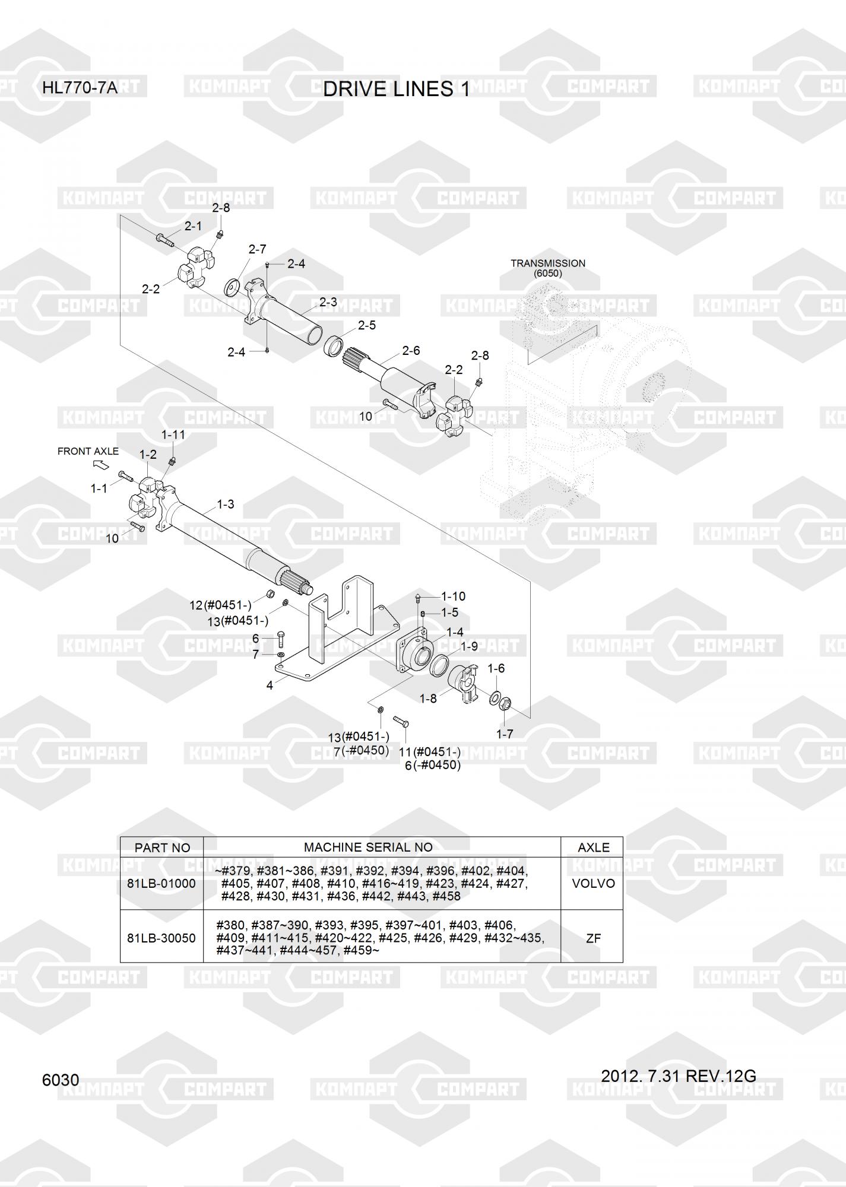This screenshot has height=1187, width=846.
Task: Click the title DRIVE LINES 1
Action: coord(396,89)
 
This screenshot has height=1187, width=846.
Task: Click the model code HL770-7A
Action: coord(80,89)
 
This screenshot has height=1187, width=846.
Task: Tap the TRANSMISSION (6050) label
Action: coord(547,268)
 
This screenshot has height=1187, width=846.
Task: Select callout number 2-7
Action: coord(257,249)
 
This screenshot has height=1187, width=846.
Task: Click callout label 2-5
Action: coord(366,325)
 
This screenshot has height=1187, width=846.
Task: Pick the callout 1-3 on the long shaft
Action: coord(225,504)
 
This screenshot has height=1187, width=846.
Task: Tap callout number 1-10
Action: coord(454,596)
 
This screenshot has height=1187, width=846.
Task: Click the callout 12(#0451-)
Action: coord(220,605)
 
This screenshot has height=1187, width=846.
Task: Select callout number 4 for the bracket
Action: coord(270,685)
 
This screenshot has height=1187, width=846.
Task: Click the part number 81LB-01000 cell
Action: coord(161,883)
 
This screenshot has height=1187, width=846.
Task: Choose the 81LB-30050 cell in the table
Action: coord(161,938)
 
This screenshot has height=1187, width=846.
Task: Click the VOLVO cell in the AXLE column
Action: coord(593,883)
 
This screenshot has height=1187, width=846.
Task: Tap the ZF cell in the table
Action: coord(593,938)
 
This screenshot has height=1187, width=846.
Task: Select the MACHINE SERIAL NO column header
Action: coord(368,848)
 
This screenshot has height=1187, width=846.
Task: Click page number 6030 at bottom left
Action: coord(61,1080)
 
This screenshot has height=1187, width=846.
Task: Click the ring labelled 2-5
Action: coord(334,345)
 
